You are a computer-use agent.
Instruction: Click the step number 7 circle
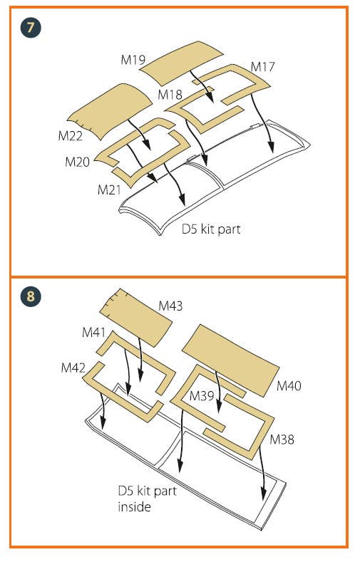[x=31, y=28]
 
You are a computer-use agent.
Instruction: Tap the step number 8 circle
[x=31, y=296]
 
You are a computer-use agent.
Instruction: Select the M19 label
[x=133, y=60]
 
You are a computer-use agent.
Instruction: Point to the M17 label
[x=263, y=67]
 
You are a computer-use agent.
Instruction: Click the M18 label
[x=170, y=95]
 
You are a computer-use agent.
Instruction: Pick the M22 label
[x=71, y=136]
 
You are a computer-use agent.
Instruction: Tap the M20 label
[x=78, y=162]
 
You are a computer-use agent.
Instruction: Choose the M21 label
[x=109, y=189]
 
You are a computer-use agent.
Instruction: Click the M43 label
[x=170, y=306]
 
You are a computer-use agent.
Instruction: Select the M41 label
[x=94, y=332]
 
